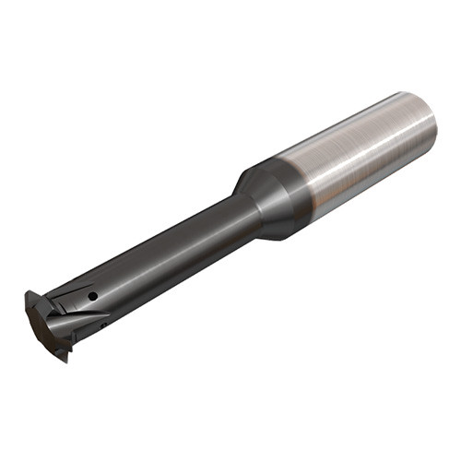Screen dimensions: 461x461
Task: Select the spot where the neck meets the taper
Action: tap(242, 212)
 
